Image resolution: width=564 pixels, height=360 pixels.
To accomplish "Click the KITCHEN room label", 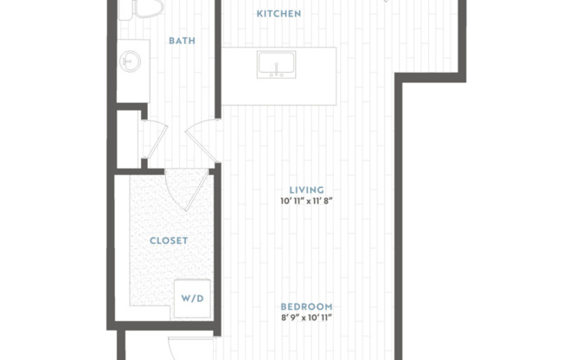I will click(279, 14).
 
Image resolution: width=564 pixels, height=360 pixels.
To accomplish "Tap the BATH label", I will click(181, 41).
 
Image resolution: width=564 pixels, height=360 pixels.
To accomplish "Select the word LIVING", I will click(306, 190).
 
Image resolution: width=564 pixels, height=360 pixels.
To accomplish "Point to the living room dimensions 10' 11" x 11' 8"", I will click(306, 202).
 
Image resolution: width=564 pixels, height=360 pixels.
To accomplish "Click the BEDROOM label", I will click(306, 307).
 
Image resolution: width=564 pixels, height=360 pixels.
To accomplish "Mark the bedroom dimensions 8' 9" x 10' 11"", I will click(306, 318).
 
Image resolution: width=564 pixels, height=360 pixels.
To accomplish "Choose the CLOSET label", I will click(169, 241).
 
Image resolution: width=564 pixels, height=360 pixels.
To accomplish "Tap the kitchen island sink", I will click(276, 64).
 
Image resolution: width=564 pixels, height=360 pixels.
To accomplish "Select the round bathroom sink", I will click(131, 61).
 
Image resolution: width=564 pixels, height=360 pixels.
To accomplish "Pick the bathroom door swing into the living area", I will click(202, 138).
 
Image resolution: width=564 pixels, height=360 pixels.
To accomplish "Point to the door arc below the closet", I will click(185, 346).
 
